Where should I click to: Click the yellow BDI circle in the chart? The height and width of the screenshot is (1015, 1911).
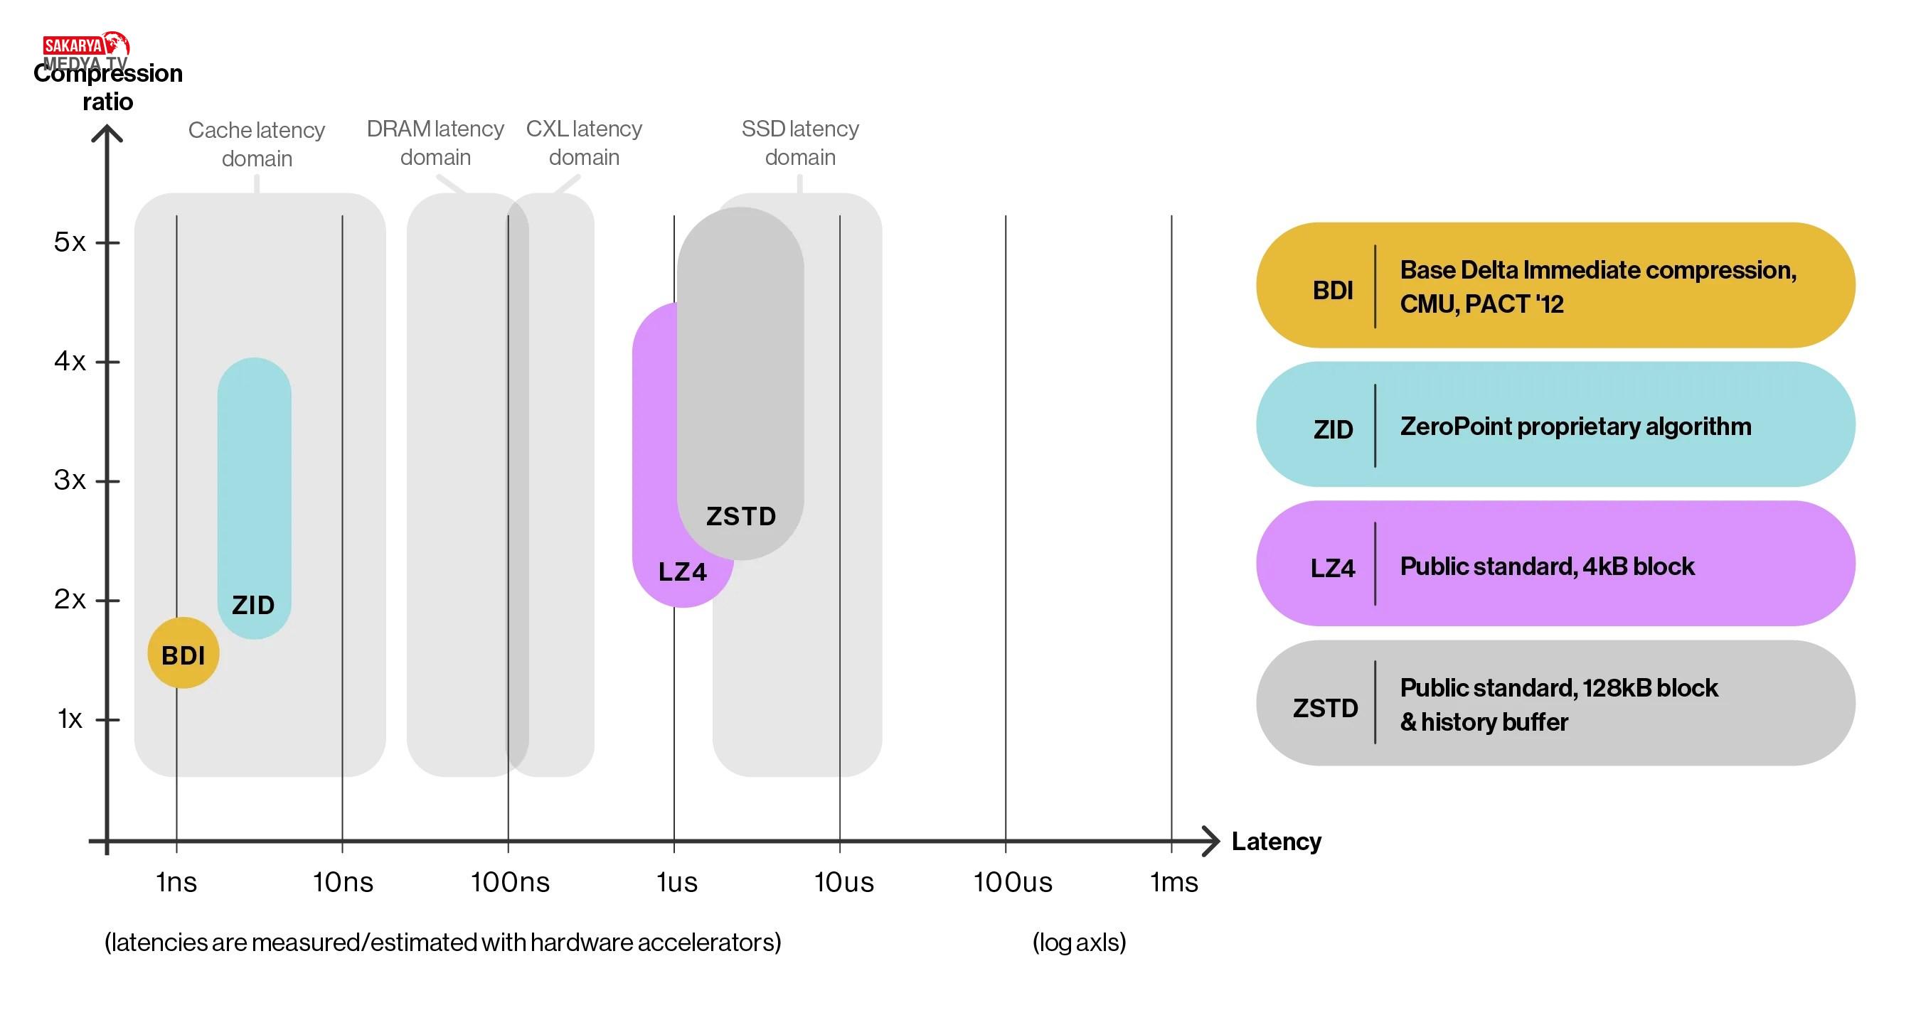183,653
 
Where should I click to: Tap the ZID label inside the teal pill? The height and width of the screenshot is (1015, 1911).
253,605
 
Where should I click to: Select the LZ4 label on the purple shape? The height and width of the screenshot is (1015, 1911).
683,571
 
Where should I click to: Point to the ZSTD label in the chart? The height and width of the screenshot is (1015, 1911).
740,516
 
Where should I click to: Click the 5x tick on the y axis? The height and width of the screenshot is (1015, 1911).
70,242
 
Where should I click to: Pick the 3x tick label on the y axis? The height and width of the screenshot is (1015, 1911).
70,480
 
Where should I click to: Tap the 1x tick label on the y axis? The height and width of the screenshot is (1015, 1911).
70,719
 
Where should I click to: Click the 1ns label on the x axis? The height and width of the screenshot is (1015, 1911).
176,882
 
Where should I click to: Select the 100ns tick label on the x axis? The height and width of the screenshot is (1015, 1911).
510,882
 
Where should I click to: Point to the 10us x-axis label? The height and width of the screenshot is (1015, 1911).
843,882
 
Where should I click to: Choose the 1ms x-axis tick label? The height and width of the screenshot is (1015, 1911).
1173,882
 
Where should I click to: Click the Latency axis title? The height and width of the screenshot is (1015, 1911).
1276,842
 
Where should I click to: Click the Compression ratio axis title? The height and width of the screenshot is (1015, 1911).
108,87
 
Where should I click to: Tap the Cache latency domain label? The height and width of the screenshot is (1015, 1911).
257,144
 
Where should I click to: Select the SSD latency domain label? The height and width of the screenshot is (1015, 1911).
799,142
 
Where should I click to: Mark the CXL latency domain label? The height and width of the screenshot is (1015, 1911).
584,142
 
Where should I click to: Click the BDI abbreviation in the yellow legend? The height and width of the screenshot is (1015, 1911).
1332,290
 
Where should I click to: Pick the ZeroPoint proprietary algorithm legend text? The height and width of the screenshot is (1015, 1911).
1575,426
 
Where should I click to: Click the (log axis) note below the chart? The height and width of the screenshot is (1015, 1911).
1079,942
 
